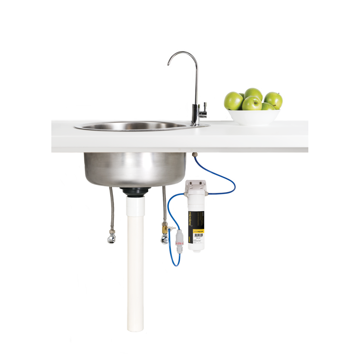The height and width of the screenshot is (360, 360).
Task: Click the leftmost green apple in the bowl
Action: coord(233,101)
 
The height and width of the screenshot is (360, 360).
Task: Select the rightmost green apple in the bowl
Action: coord(274,100)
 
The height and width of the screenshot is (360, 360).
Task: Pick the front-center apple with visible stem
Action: coord(252,103)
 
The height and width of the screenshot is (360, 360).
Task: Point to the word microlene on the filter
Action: coord(191,218)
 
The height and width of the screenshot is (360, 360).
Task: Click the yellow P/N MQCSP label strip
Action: coord(199,231)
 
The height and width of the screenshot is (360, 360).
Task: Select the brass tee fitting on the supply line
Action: coord(164,230)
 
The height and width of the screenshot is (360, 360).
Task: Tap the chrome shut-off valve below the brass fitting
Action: coord(164,239)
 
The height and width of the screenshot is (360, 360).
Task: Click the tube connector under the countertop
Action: coord(194,155)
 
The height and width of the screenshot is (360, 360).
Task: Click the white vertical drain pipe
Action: coord(135,267)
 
